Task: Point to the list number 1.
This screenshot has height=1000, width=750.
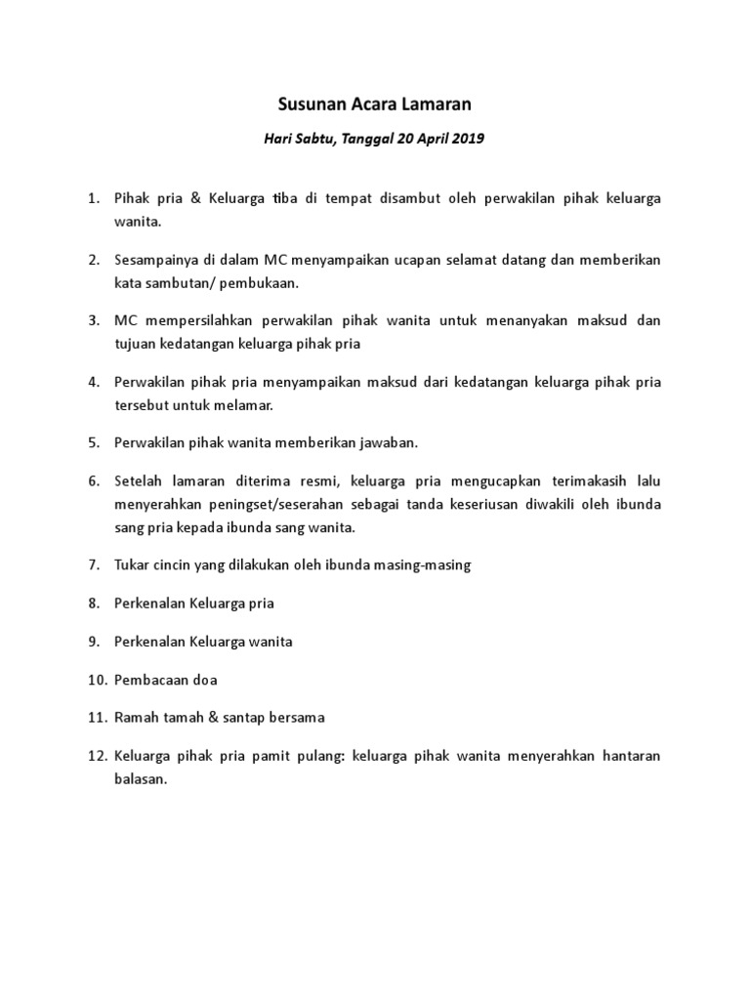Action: coord(92,198)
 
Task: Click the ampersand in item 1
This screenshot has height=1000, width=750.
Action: coord(191,198)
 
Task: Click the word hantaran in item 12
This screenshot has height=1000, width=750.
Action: coord(627,756)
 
